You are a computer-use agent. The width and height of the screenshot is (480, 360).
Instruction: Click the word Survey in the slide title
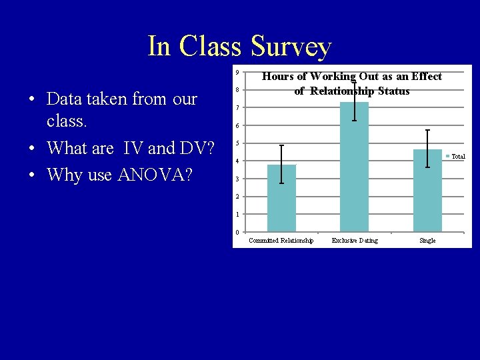click(291, 47)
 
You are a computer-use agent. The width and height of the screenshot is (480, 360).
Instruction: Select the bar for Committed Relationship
click(281, 200)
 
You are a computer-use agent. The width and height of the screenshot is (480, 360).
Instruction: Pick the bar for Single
click(427, 193)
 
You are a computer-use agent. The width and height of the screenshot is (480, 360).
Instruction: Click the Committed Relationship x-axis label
click(281, 241)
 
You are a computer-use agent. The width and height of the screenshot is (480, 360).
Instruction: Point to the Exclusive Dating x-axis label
click(354, 241)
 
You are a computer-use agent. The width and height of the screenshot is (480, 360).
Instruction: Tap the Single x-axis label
click(427, 241)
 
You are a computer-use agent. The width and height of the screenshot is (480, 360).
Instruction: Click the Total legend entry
click(455, 157)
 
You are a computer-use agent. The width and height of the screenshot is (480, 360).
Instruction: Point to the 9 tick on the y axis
click(237, 73)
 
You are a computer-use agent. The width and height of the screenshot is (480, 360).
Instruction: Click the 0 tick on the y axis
click(237, 232)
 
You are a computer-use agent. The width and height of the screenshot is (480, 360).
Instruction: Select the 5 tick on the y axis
click(237, 143)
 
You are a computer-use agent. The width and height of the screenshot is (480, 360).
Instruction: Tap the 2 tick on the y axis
click(237, 197)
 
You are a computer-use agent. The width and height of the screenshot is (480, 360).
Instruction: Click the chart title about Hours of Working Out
click(352, 83)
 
